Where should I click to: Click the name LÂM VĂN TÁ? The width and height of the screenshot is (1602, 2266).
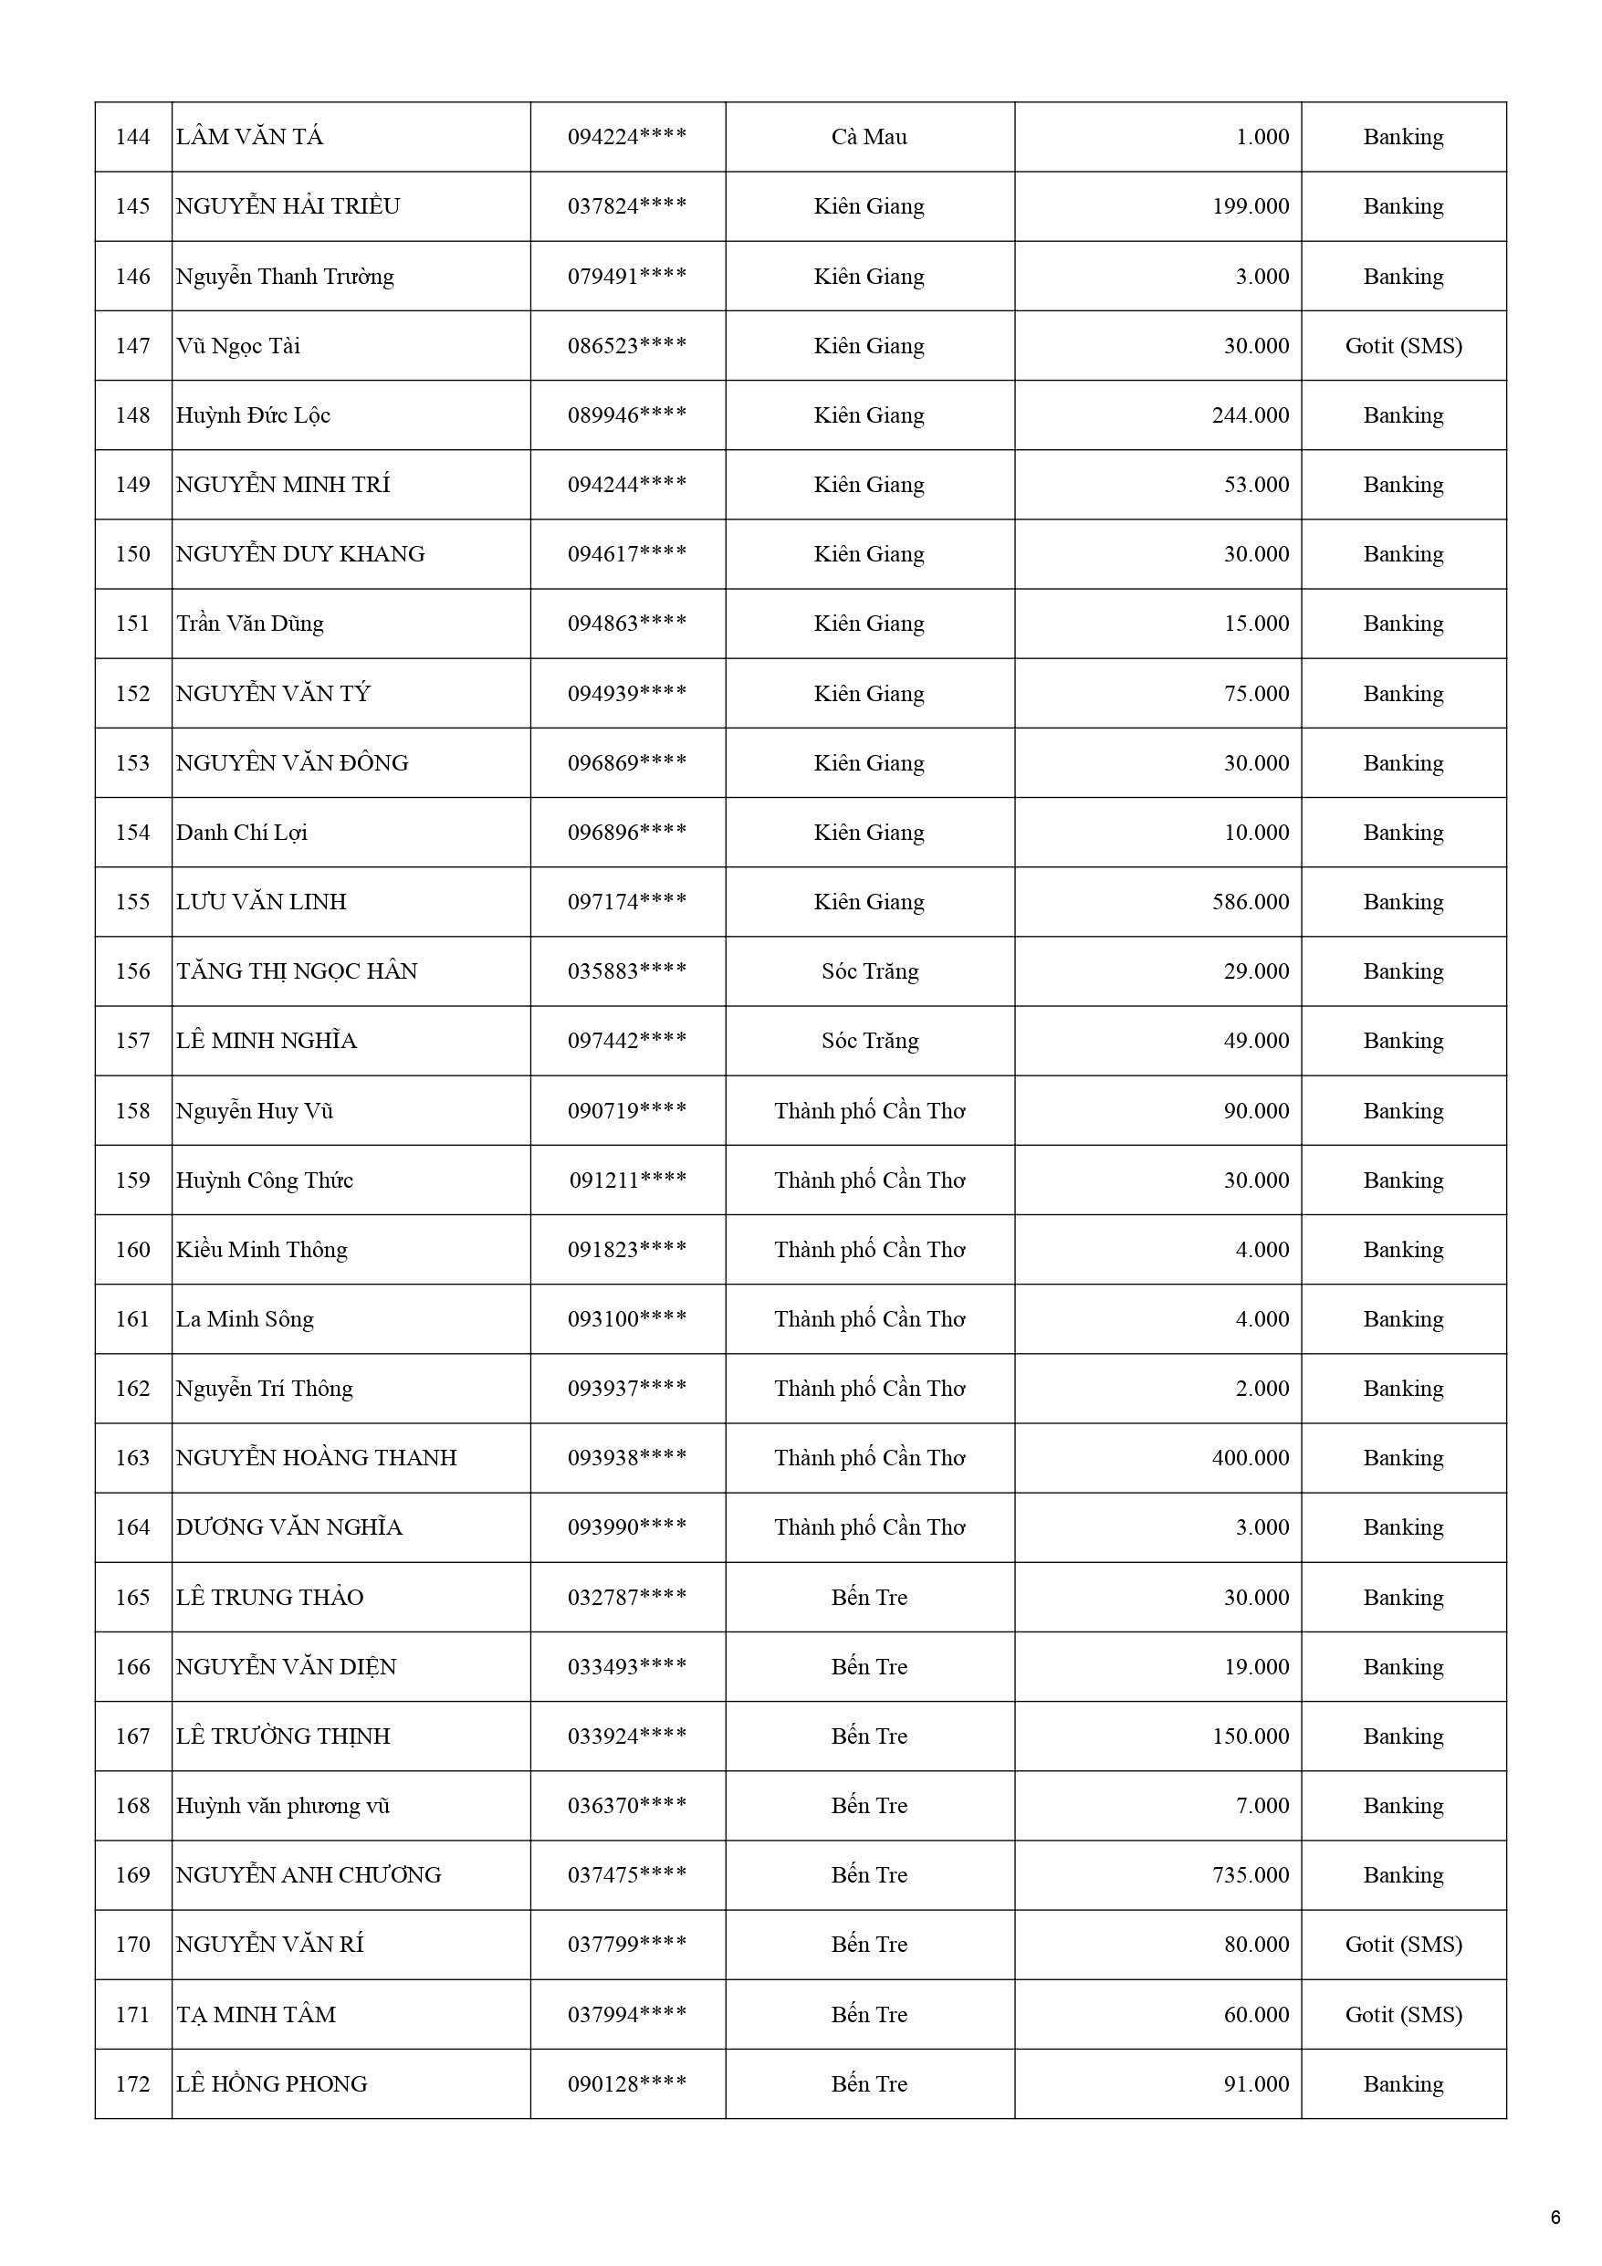click(x=250, y=137)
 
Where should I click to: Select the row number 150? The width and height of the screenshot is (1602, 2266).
click(x=132, y=555)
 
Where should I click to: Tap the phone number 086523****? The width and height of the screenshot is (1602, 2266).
click(x=627, y=346)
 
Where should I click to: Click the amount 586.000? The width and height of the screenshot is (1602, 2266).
click(x=1250, y=902)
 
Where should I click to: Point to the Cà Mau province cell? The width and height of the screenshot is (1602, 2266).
click(x=869, y=137)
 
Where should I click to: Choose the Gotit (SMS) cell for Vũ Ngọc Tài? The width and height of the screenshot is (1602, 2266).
click(x=1403, y=346)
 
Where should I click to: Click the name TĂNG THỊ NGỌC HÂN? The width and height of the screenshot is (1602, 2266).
click(x=296, y=972)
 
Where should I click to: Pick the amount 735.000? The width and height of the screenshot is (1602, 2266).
click(x=1250, y=1875)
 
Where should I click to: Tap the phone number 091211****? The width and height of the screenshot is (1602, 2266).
click(x=627, y=1180)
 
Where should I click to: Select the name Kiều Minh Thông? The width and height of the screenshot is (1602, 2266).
click(x=262, y=1251)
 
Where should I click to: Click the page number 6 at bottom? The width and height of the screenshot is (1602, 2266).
click(x=1555, y=2218)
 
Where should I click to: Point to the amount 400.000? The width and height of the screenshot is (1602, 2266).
click(x=1250, y=1459)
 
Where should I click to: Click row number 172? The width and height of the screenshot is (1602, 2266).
click(x=132, y=2084)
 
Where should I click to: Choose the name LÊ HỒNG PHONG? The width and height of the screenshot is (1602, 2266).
click(x=271, y=2084)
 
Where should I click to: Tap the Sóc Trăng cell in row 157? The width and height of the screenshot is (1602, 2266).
click(x=869, y=1041)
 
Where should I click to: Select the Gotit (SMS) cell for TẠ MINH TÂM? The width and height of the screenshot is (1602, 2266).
click(x=1403, y=2015)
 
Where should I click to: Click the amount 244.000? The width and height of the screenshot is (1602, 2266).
click(x=1250, y=415)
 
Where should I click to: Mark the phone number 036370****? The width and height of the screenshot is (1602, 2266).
click(x=627, y=1806)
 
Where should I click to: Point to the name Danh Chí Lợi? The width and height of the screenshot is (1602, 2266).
click(x=242, y=833)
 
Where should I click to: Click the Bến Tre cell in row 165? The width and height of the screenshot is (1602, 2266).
click(x=869, y=1598)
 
